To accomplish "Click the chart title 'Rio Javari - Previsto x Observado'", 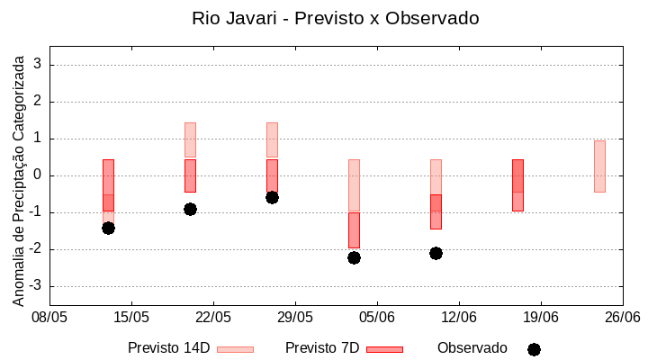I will coord(335,18).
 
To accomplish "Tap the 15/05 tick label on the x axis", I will coord(131,317).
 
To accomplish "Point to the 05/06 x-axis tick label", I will coord(377,317).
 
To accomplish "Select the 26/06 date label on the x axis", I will coord(622,317).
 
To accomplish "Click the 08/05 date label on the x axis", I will coord(49,317).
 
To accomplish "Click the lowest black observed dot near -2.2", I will coord(354,257).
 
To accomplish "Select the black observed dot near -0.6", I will coord(272,197).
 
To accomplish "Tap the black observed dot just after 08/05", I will coord(108,228).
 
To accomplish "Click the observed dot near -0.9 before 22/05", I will coord(190,209).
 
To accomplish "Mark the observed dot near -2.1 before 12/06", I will coord(436,253).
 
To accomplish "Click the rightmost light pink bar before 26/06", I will coord(599,166).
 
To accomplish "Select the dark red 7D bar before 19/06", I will coord(517,185).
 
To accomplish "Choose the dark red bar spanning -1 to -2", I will coord(354,230).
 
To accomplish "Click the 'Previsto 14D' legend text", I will coord(168,348).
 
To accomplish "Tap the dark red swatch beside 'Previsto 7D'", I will coord(384,349).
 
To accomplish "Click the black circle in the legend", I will coord(534,349).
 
